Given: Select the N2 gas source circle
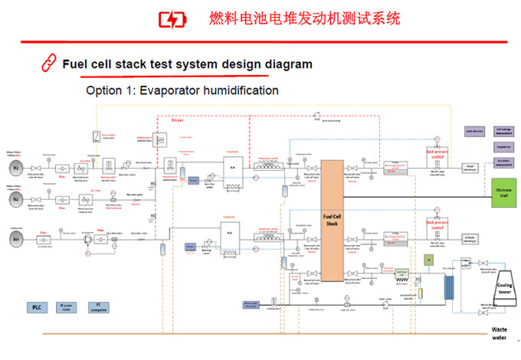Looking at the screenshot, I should pos(15,198).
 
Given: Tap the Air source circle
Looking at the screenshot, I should pos(15,238).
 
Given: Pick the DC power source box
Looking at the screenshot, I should pos(67,308).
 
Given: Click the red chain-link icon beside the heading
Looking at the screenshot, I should pos(48,64).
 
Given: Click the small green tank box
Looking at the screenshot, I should pos(429,260).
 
